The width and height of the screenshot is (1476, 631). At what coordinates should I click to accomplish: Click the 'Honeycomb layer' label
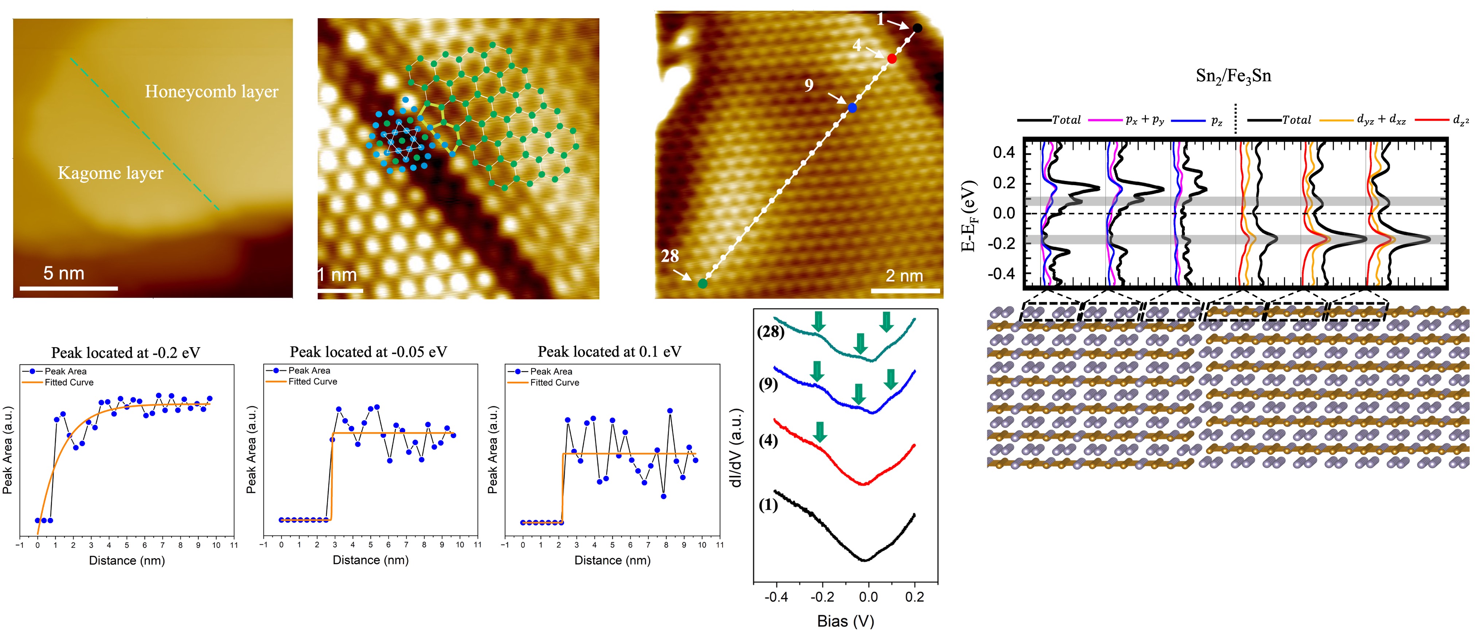coord(211,92)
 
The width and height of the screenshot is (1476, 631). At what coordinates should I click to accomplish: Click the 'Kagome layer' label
coord(111,173)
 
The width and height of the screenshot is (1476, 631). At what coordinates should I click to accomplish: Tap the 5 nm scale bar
coord(69,288)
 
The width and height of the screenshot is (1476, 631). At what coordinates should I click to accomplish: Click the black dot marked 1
coord(917,28)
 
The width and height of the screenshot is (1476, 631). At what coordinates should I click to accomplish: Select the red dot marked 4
coord(892,58)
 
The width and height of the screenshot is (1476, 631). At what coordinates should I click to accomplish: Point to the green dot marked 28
coord(702,283)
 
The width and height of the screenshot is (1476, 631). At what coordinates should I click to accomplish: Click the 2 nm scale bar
coord(905,291)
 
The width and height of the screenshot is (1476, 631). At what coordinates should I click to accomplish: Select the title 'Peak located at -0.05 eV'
coord(368,352)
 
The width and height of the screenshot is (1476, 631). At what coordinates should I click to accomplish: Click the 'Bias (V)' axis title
coord(845,621)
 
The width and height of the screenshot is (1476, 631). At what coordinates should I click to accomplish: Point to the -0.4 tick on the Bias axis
coord(776,597)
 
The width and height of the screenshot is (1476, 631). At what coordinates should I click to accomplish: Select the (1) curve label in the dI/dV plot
coord(768,505)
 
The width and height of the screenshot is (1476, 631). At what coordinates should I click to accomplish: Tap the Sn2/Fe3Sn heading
coord(1233,76)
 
